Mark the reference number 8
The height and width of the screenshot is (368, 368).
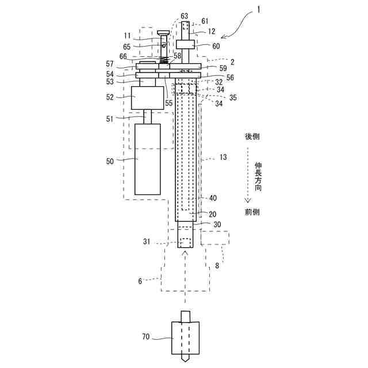tap(217, 266)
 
